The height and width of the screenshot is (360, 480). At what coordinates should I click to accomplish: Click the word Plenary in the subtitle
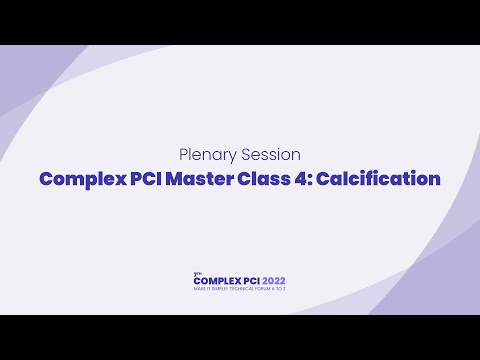tap(205, 155)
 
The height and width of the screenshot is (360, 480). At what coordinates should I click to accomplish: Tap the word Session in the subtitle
tap(267, 155)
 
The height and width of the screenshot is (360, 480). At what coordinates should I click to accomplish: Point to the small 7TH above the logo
tap(196, 272)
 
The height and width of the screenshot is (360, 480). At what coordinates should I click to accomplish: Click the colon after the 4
tap(297, 181)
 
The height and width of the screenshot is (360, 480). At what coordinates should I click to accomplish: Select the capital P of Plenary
tap(183, 155)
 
